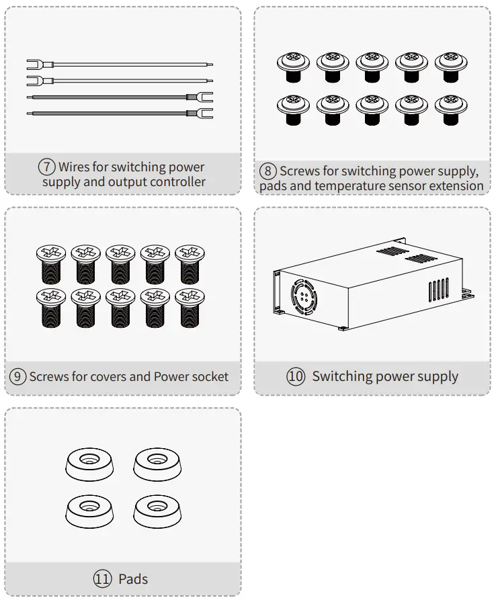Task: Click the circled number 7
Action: coord(46,167)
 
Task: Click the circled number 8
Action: coord(267,171)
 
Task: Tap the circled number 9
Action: coord(18,376)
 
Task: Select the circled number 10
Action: coord(296,376)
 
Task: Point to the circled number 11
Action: coord(102,578)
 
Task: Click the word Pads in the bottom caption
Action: coord(133,578)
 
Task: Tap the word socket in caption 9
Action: coord(210,376)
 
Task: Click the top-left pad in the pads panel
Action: coord(89,463)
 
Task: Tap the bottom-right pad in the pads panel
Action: coord(157,512)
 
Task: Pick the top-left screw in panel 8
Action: coord(293,68)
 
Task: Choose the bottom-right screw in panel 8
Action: coord(450,110)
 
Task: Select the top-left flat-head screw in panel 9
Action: coord(51,262)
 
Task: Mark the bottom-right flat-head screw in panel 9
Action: coord(190,306)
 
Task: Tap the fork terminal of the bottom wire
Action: coord(204,113)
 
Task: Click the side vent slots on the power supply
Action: coord(438,291)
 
